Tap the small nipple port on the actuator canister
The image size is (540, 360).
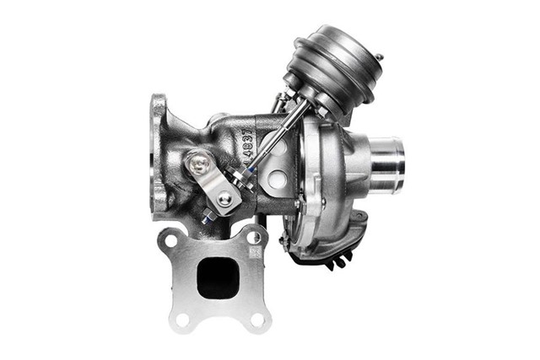(379, 59)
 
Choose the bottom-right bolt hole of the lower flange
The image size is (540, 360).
(257, 318)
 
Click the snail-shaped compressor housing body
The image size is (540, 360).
(329, 185)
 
